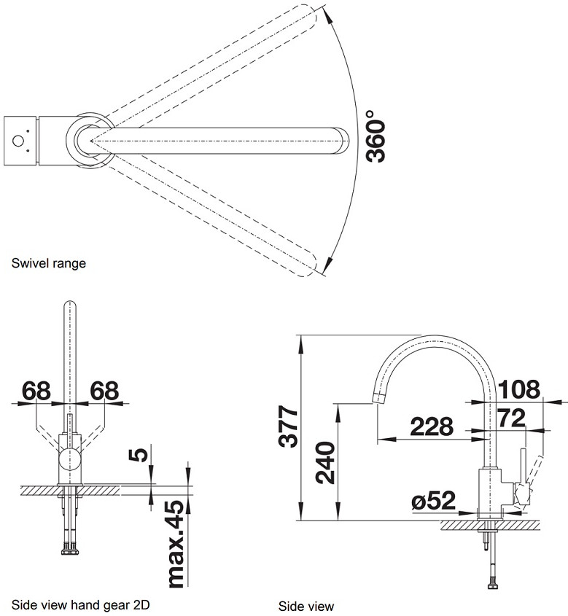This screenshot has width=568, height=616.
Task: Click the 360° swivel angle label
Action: (x=375, y=136)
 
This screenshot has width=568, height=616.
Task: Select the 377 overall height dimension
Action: (x=288, y=426)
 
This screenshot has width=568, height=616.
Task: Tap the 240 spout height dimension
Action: (x=326, y=462)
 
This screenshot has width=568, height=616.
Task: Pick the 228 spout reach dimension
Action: (x=432, y=426)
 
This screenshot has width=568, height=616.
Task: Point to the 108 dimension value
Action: (x=519, y=389)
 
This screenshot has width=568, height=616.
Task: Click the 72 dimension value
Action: (x=511, y=418)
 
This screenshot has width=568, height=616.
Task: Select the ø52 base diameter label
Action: (x=433, y=501)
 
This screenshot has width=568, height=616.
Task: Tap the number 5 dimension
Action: (x=139, y=455)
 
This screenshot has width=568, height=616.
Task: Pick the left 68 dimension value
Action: (x=36, y=391)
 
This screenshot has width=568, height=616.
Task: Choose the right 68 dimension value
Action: (x=104, y=391)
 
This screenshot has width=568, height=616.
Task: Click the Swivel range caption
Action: (x=49, y=263)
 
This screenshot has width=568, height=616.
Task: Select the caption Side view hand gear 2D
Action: (x=80, y=604)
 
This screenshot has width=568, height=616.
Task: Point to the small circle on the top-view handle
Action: (x=18, y=141)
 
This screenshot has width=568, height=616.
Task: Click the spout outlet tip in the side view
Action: (x=378, y=397)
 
